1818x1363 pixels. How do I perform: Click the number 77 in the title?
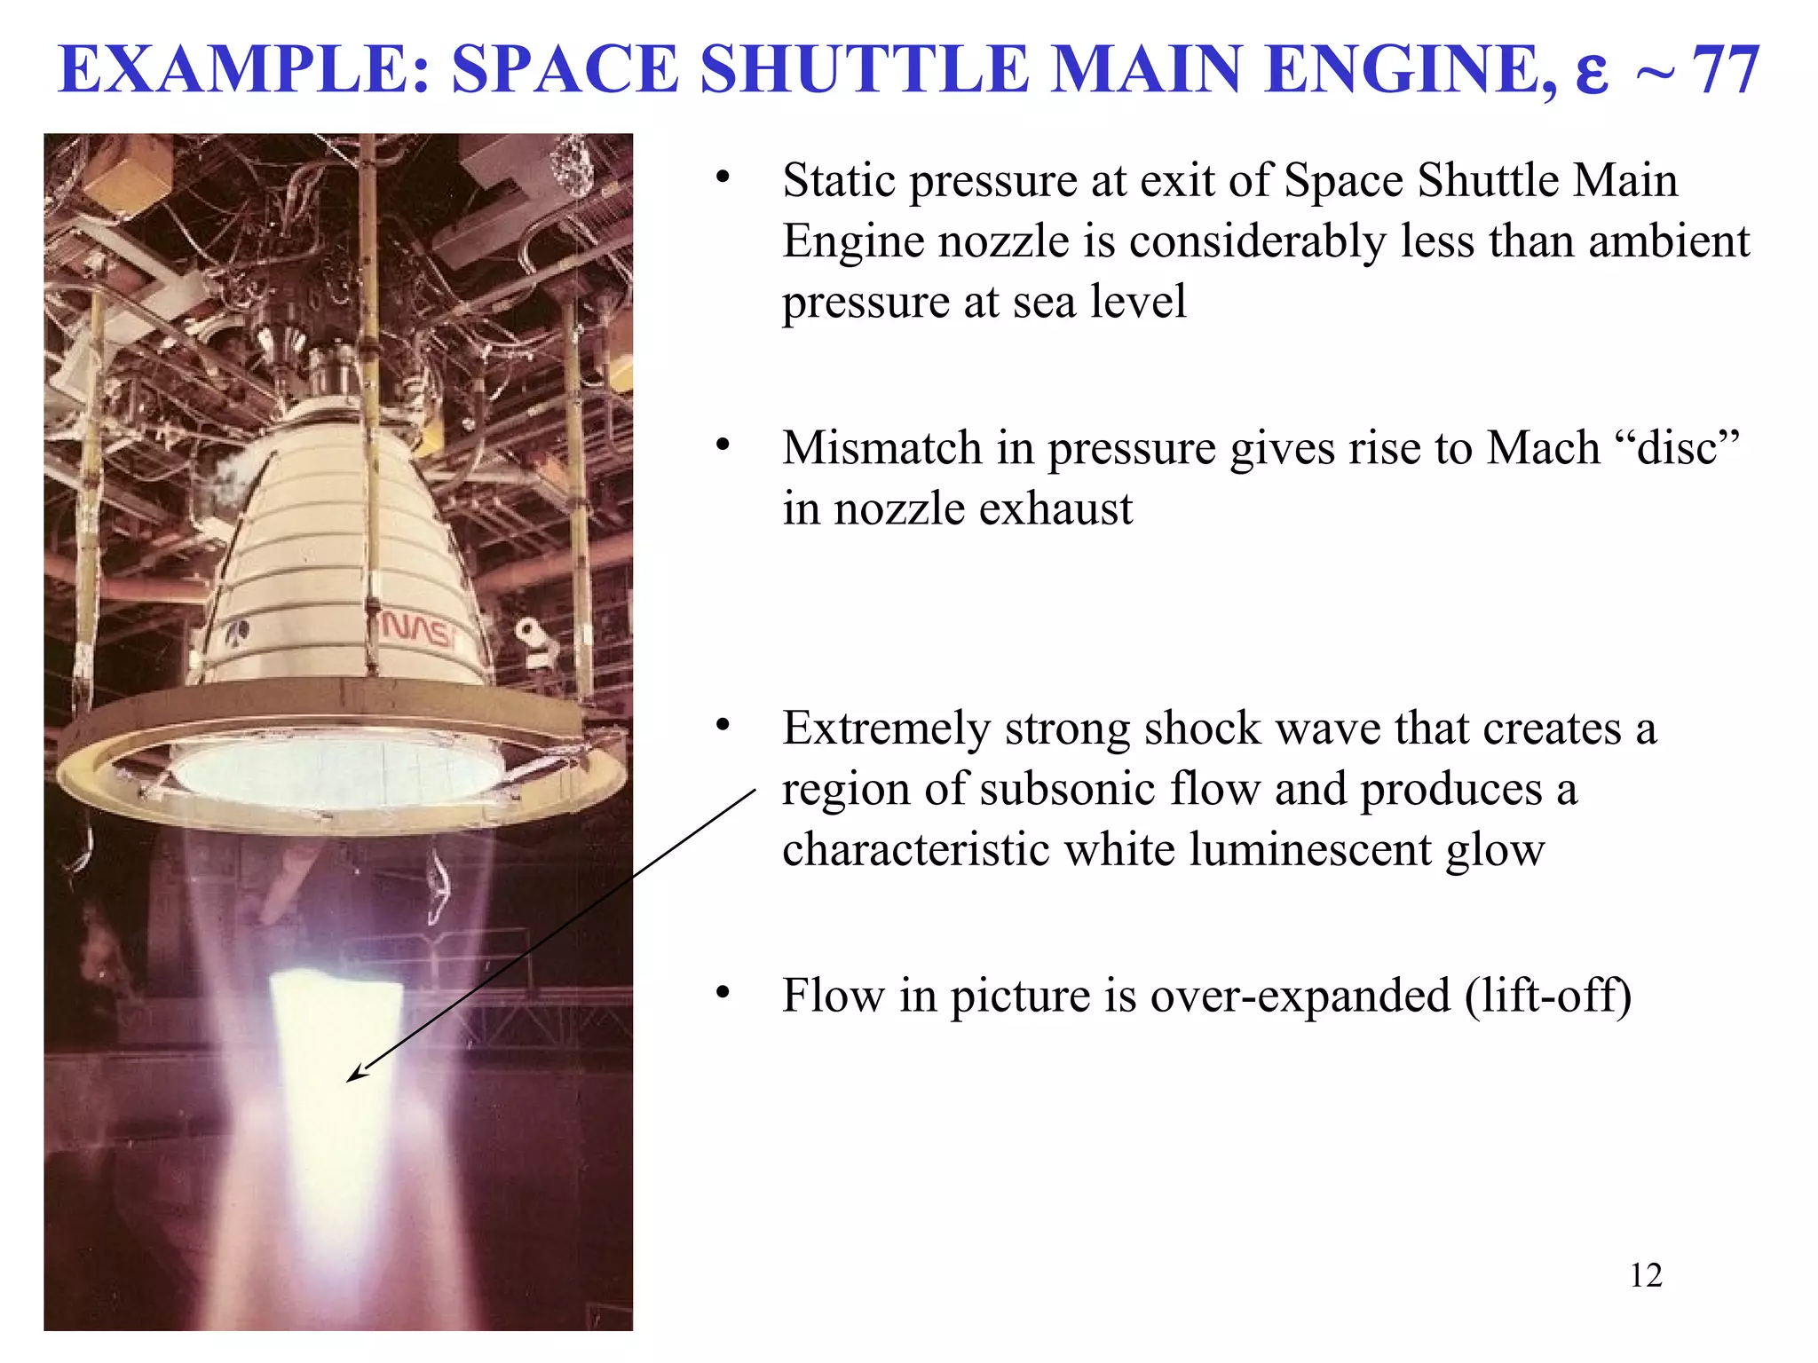click(x=1725, y=70)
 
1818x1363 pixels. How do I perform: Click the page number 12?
click(x=1646, y=1275)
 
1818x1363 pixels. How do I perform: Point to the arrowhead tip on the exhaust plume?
click(x=349, y=1080)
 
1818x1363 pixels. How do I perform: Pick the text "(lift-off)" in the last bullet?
click(x=1548, y=996)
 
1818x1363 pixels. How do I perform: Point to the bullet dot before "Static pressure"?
click(x=723, y=178)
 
